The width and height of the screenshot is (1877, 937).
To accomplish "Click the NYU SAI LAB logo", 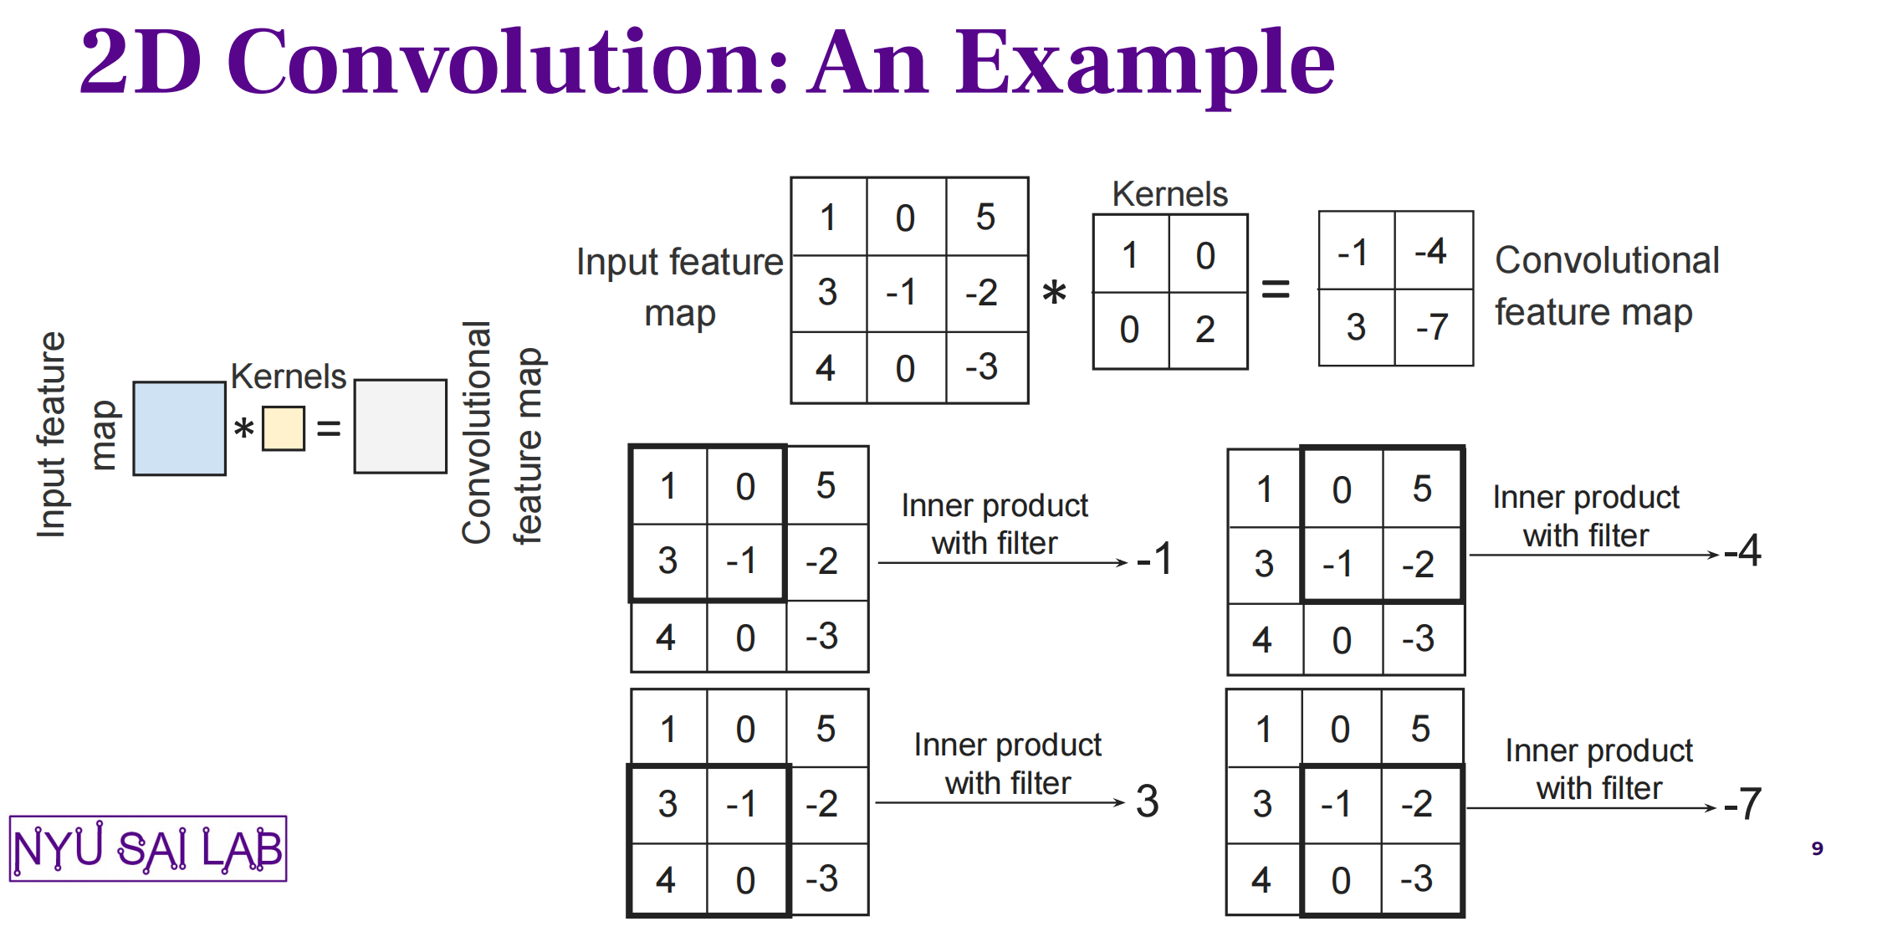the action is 148,848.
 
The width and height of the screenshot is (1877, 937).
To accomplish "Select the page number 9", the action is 1817,848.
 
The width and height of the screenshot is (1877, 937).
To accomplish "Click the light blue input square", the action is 179,428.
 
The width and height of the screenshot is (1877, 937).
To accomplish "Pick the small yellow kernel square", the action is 284,428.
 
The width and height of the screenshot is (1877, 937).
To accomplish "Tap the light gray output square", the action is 400,427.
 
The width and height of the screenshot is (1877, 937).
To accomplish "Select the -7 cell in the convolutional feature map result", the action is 1434,327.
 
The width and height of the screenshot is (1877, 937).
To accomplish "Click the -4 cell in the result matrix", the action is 1434,251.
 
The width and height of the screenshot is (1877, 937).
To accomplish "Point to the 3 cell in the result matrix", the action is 1357,327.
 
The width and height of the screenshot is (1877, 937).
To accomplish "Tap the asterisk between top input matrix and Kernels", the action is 1054,293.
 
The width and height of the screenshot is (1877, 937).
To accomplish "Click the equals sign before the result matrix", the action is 1276,290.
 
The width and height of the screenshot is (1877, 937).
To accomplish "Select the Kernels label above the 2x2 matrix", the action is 1169,194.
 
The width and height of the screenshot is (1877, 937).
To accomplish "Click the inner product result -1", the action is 1154,558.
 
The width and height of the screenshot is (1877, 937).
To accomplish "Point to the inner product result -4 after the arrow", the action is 1742,550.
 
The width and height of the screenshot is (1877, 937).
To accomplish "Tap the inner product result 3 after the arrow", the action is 1148,801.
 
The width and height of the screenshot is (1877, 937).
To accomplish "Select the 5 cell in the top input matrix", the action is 987,217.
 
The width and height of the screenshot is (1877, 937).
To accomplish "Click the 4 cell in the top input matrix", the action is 828,368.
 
